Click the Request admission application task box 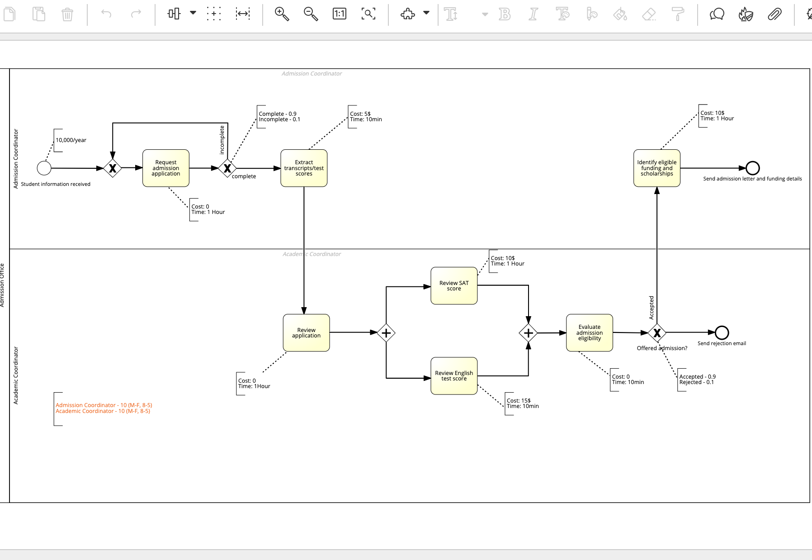coord(166,168)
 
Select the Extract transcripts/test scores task coord(304,168)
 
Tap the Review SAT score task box coord(454,285)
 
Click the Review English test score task coord(454,375)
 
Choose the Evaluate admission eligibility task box coord(589,332)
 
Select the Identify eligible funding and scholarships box coord(656,168)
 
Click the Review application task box coord(306,332)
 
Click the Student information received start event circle coord(44,168)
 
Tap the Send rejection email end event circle coord(722,332)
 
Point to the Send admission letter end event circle coord(752,168)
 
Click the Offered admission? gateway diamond coord(657,333)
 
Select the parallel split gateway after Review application coord(386,333)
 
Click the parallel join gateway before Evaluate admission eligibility coord(528,333)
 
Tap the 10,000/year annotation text coord(71,140)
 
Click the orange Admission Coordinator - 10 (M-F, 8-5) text coord(104,405)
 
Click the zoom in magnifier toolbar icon coord(282,14)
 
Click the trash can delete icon coord(67,14)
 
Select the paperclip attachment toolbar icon coord(774,14)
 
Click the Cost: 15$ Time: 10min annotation coord(522,403)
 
